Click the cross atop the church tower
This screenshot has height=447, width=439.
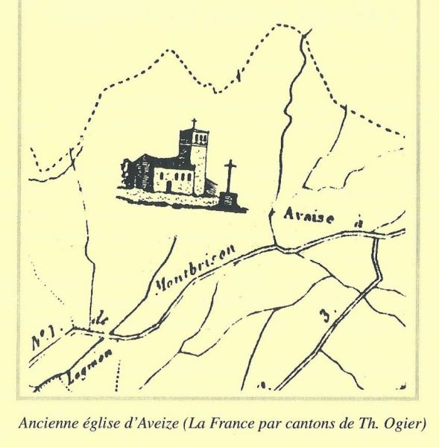point(194,124)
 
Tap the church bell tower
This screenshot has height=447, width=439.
point(193,153)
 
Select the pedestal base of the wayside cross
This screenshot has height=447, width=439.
point(228,198)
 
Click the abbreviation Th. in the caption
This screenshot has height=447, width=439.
point(367,425)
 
